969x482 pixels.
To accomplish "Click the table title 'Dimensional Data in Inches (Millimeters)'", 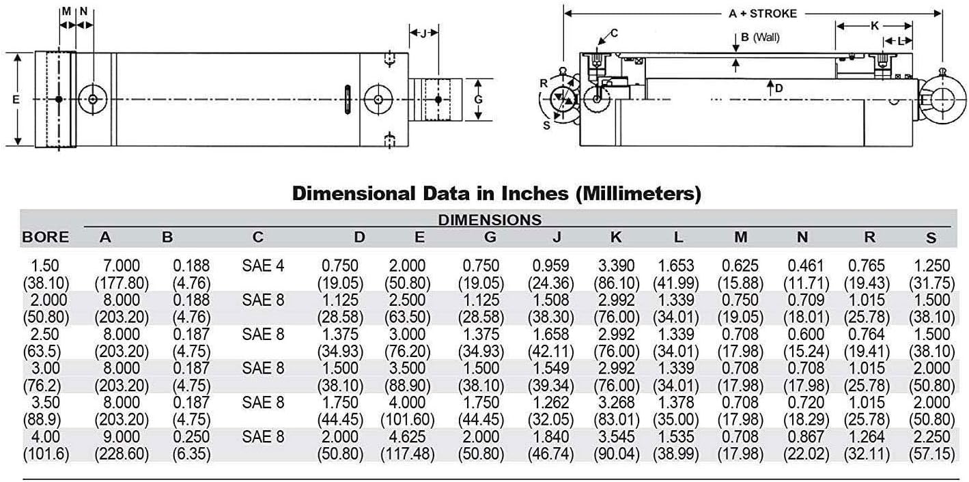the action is pyautogui.click(x=496, y=193).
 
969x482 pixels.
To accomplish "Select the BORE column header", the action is pyautogui.click(x=46, y=237).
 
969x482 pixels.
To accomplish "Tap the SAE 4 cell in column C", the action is pyautogui.click(x=263, y=266).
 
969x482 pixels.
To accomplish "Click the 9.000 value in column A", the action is pyautogui.click(x=122, y=436).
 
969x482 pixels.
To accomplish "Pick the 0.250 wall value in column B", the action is pyautogui.click(x=191, y=436).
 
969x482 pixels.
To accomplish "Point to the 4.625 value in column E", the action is pyautogui.click(x=407, y=436).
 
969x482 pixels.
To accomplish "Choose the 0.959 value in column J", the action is pyautogui.click(x=550, y=266).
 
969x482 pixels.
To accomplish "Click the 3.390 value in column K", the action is pyautogui.click(x=616, y=266).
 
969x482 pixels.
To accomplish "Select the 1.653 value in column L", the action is pyautogui.click(x=675, y=266).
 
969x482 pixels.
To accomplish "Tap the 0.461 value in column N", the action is pyautogui.click(x=806, y=266).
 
